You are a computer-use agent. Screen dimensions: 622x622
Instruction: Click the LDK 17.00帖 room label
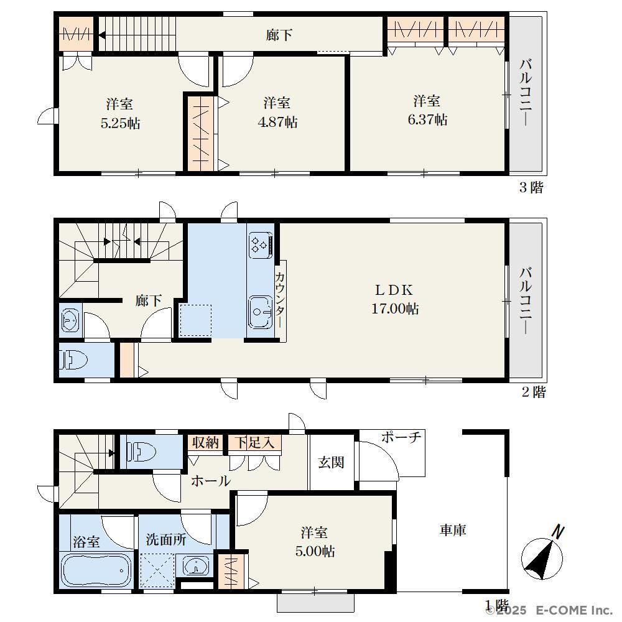395,300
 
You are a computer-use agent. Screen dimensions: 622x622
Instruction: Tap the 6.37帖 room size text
427,119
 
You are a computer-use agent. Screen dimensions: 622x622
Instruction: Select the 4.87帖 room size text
277,122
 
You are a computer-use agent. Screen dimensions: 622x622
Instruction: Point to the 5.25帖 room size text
120,123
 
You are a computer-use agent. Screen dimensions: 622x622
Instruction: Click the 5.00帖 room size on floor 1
315,551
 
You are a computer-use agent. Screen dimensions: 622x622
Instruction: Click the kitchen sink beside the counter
261,312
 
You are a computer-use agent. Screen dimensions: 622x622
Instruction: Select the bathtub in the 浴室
96,570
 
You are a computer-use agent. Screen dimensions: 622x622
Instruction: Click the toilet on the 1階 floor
141,452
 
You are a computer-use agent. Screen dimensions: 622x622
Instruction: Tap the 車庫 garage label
453,530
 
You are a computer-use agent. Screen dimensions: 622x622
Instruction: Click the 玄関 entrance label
331,462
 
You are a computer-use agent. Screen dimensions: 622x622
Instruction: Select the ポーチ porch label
401,437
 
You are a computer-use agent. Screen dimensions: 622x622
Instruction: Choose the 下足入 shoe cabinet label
254,442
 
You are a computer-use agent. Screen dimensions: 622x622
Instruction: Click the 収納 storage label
205,442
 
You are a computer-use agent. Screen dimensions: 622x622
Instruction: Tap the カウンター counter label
280,300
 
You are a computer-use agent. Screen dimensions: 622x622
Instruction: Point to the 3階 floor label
531,187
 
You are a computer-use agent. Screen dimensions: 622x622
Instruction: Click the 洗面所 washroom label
166,539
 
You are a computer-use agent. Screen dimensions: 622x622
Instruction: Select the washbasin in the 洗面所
196,566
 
